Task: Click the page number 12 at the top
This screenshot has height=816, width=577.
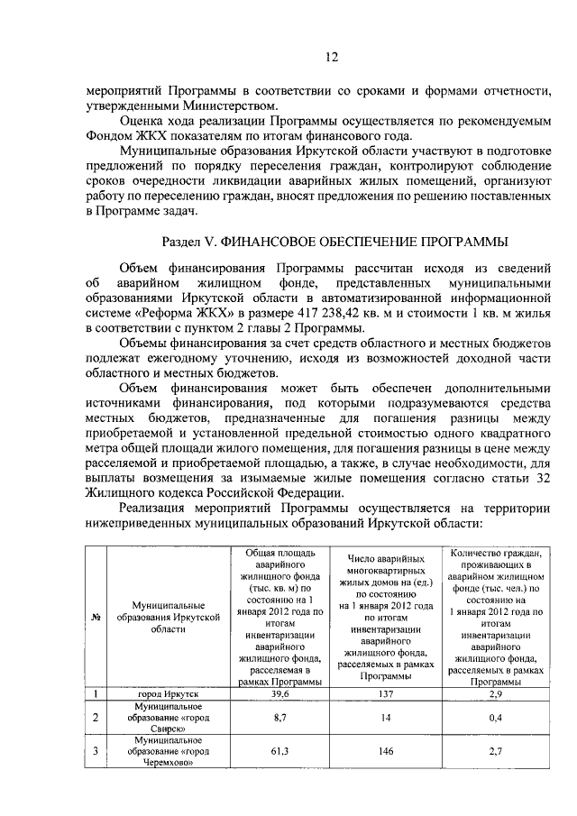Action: click(331, 59)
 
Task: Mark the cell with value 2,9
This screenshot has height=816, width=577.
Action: click(493, 695)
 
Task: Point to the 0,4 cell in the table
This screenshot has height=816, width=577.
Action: click(493, 718)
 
